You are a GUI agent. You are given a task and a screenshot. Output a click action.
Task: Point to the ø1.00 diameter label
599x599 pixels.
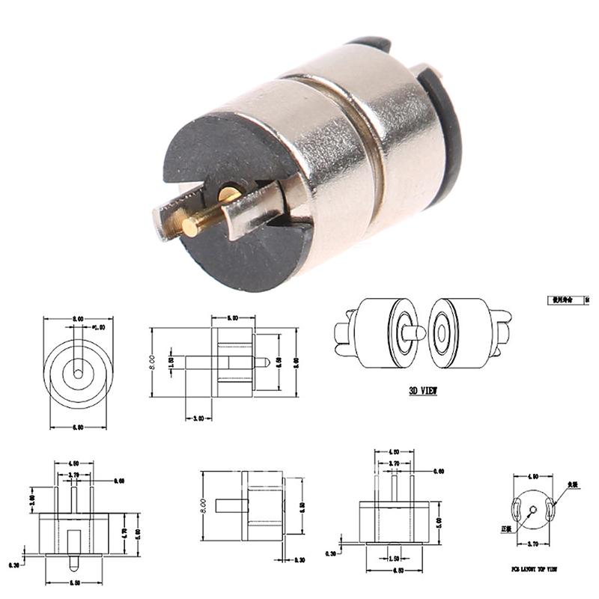point(98,327)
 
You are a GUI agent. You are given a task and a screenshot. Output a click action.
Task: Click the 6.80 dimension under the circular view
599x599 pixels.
point(77,428)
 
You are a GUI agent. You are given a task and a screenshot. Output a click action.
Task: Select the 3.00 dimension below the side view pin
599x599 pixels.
point(198,419)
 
